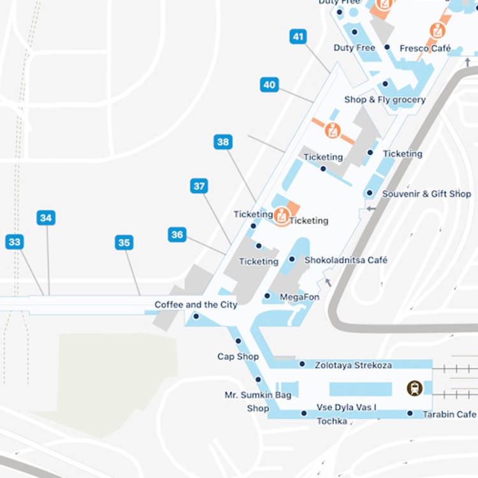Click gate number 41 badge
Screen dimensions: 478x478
click(x=298, y=37)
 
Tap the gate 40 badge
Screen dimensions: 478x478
click(x=270, y=85)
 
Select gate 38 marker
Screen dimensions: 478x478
click(x=223, y=142)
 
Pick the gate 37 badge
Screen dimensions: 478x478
click(x=199, y=186)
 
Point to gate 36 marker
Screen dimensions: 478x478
click(x=177, y=235)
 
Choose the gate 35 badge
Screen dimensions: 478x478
click(x=124, y=242)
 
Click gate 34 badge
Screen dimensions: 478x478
click(x=46, y=218)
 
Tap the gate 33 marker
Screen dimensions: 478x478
click(x=15, y=242)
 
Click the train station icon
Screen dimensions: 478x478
click(x=415, y=388)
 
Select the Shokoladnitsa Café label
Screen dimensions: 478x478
click(x=346, y=260)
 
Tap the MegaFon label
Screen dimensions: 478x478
click(x=300, y=297)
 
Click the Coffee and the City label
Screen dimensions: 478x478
click(x=196, y=305)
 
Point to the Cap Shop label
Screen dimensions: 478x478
click(x=238, y=356)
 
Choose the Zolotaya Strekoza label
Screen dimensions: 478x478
click(x=353, y=365)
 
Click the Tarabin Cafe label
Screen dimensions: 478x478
click(x=449, y=414)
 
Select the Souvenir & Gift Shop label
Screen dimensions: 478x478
click(x=426, y=194)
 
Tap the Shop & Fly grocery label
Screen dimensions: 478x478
click(x=385, y=99)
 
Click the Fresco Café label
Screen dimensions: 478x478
click(x=425, y=48)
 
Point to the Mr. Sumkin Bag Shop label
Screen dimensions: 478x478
click(x=258, y=402)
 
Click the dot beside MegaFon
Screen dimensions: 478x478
click(x=267, y=296)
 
